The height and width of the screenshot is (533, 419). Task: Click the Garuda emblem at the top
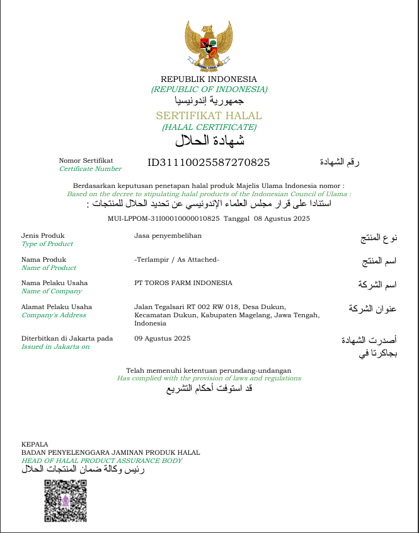[209, 45]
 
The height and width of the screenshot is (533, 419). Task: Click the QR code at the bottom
[65, 501]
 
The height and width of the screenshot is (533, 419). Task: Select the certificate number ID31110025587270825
[209, 162]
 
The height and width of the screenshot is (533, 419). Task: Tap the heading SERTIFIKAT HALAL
[209, 116]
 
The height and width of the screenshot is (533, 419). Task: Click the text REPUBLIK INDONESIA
[209, 79]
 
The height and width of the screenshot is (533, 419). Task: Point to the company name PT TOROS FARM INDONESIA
[183, 283]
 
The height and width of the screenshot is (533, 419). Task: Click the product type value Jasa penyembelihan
[168, 235]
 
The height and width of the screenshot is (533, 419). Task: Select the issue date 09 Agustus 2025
[162, 338]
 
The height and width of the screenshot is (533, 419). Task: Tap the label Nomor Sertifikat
[86, 160]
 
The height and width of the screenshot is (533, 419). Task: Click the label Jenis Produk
[43, 235]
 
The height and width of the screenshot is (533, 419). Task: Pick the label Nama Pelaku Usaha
[55, 283]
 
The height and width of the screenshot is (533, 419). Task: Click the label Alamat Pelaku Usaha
[57, 307]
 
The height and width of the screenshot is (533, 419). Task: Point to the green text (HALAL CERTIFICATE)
[209, 127]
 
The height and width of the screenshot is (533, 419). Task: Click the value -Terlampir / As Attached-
[176, 259]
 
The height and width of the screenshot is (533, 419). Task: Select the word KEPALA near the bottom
[35, 444]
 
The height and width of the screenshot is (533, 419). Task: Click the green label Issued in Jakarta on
[55, 346]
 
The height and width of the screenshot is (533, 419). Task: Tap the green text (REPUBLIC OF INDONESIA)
[209, 89]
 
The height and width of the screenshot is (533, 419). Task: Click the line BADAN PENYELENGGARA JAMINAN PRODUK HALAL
[110, 452]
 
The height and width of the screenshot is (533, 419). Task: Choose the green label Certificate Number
[90, 168]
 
